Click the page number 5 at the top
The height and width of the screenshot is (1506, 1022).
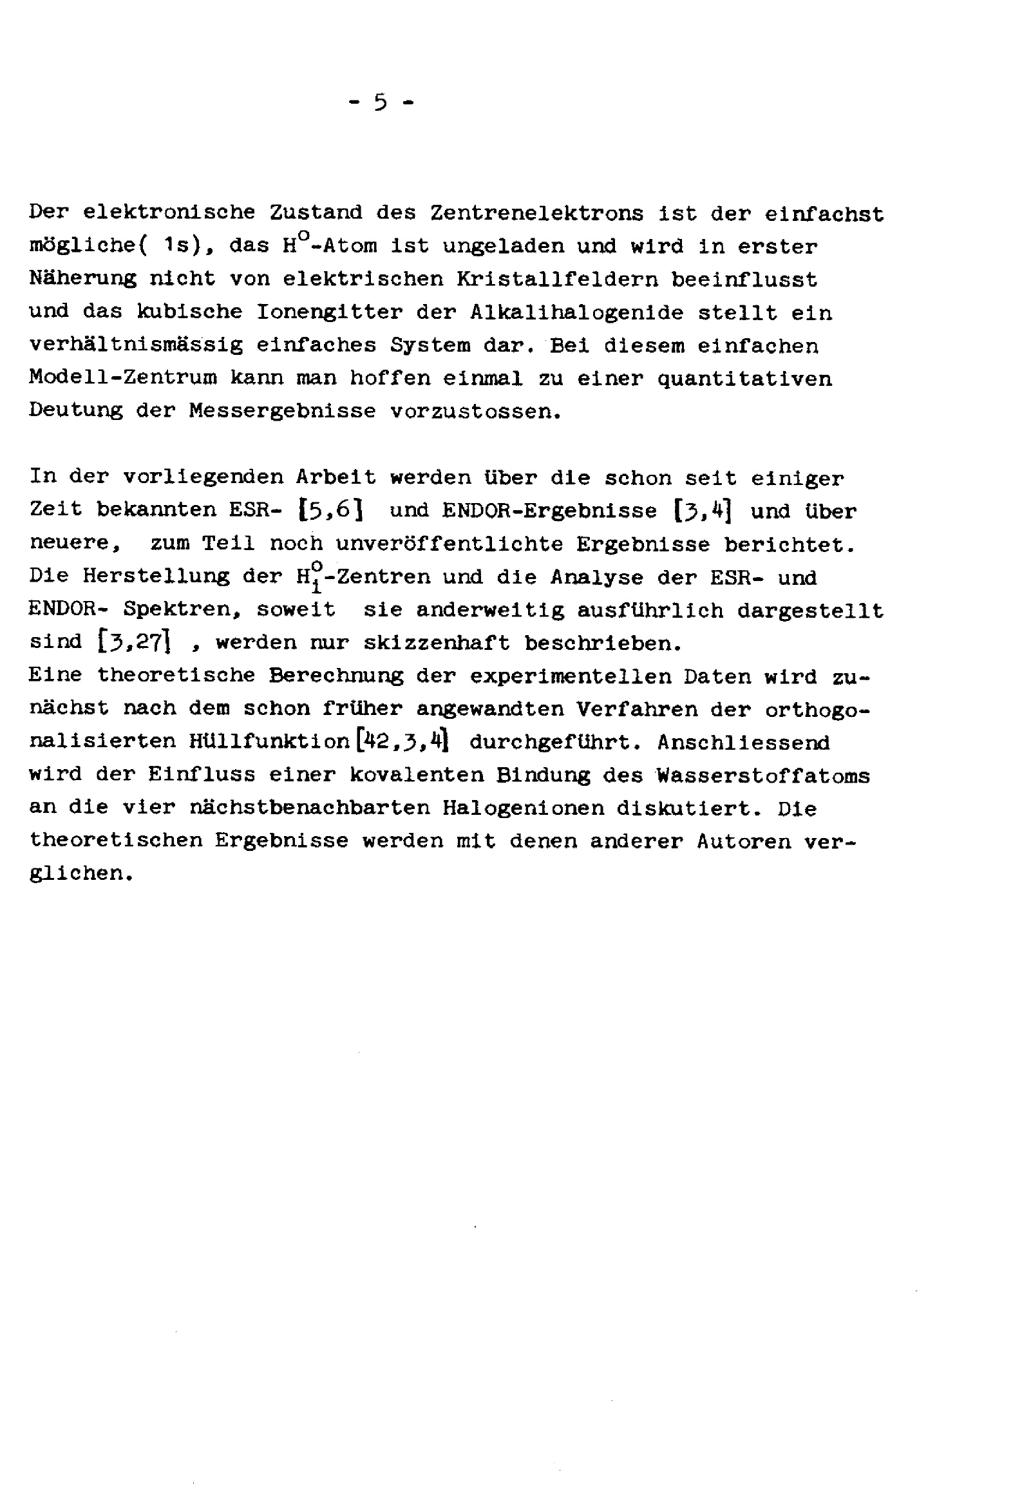click(x=381, y=102)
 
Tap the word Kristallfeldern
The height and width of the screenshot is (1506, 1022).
click(x=556, y=280)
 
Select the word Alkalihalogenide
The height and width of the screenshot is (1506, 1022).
click(x=576, y=312)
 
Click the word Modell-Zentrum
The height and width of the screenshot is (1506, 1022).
click(x=122, y=378)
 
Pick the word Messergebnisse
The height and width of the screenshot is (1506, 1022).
click(x=283, y=411)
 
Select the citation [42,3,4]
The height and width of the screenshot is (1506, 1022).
click(x=402, y=741)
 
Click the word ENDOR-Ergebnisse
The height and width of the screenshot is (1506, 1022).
click(x=549, y=511)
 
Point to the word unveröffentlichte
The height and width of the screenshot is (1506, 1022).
click(x=449, y=544)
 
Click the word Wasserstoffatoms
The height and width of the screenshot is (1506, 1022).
click(x=762, y=775)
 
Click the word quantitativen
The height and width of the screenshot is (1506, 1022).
click(x=744, y=378)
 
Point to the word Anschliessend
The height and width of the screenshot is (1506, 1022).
click(x=743, y=742)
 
